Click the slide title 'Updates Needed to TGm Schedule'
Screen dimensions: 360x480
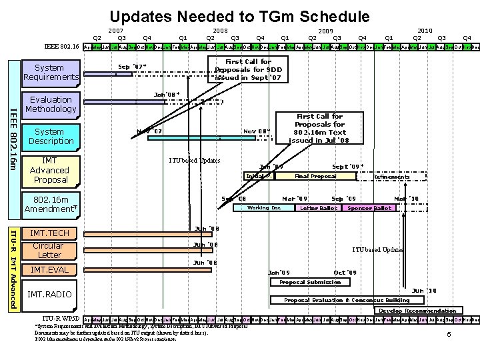click(239, 16)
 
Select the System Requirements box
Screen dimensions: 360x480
click(50, 73)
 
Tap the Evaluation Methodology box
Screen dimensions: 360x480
click(50, 104)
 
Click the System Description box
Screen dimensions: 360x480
click(50, 137)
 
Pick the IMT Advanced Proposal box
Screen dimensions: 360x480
click(50, 170)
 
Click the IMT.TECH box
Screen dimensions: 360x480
click(50, 233)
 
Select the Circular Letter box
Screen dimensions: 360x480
click(50, 250)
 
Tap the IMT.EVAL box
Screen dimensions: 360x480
click(50, 269)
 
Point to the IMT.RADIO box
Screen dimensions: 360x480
click(50, 294)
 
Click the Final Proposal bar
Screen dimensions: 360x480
click(315, 176)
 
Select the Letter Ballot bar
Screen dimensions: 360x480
click(318, 208)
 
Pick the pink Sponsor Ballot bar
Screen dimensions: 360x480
click(369, 208)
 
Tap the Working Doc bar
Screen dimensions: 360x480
click(263, 208)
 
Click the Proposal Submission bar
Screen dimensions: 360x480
click(310, 282)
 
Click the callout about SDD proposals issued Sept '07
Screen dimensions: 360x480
click(248, 70)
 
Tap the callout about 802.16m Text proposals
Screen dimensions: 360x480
click(319, 129)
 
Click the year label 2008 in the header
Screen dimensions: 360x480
click(221, 30)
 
